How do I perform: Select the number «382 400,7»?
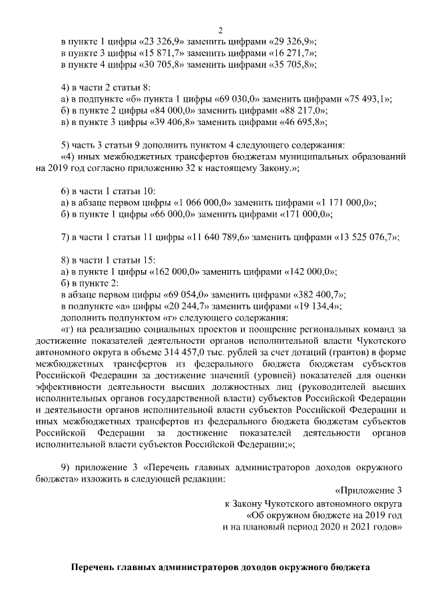click(319, 295)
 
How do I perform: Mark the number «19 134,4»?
click(316, 307)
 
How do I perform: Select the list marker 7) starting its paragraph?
click(65, 237)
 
